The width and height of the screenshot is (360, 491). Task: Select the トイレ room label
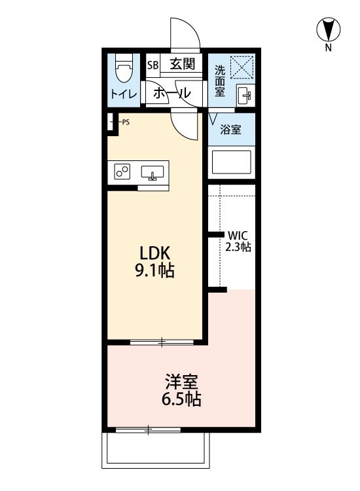[x=123, y=94]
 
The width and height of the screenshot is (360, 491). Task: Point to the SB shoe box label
[x=153, y=65]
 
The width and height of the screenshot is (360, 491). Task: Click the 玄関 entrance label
[x=182, y=64]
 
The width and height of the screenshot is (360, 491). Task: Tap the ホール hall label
[x=171, y=94]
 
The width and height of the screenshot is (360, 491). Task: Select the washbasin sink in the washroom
[x=245, y=96]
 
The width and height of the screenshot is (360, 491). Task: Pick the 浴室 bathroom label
[x=230, y=130]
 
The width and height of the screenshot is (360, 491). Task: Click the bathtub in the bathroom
[x=230, y=162]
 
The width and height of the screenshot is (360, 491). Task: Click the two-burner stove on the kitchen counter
[x=122, y=172]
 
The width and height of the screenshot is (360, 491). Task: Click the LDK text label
[x=154, y=252]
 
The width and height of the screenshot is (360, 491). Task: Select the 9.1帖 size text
[x=154, y=271]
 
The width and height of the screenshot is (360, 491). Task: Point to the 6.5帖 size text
[x=181, y=399]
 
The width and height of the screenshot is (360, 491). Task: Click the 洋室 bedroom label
[x=181, y=380]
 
